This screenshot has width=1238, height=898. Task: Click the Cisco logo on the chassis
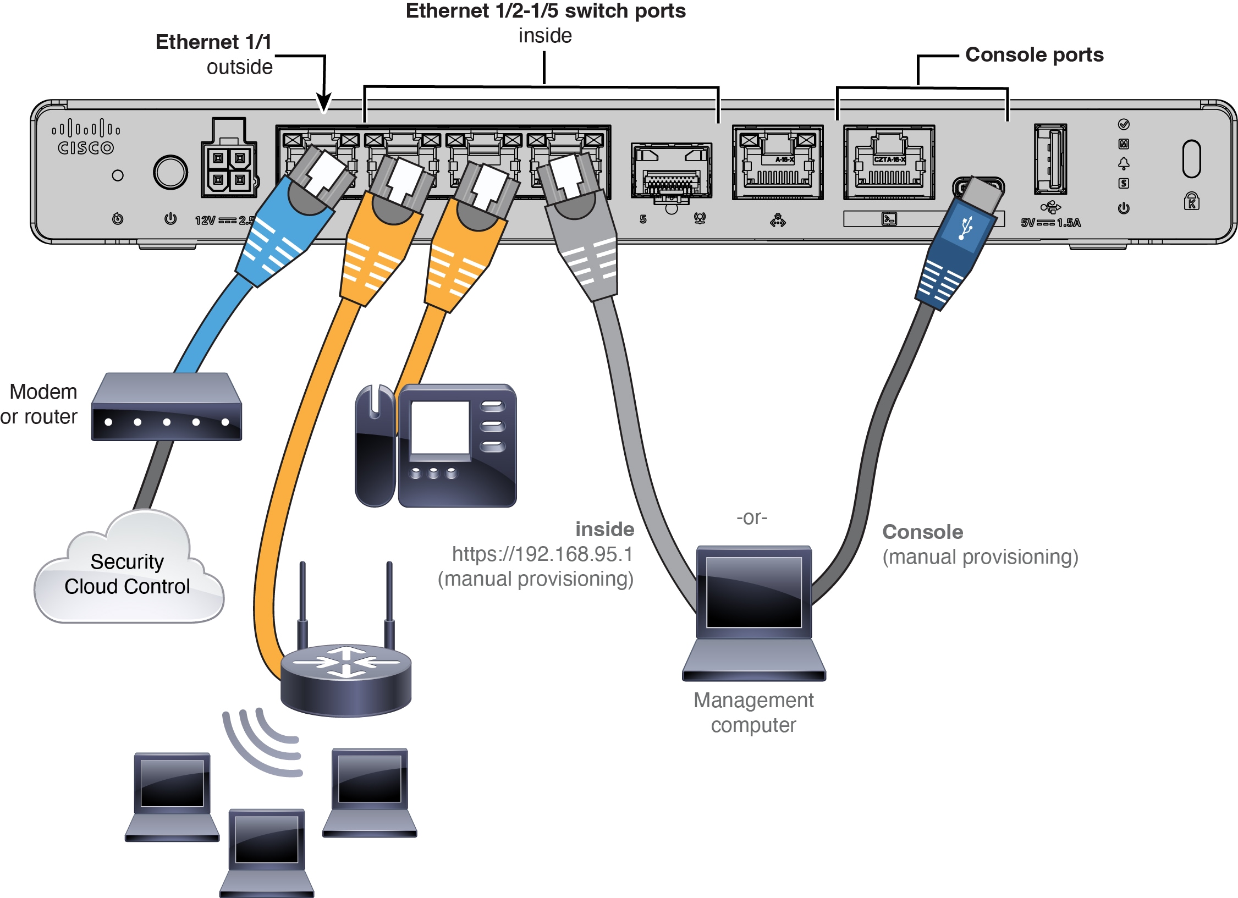85,138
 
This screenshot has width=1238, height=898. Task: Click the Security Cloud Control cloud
128,575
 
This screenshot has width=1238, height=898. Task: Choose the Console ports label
1034,55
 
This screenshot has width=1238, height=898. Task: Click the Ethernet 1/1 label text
213,42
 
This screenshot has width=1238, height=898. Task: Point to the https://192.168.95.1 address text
542,554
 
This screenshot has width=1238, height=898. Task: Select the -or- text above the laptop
752,517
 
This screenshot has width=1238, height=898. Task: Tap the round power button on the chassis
170,172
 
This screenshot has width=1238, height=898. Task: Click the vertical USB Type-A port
1050,159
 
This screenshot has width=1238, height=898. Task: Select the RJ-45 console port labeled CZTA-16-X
889,163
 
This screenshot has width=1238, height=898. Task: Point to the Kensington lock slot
1191,159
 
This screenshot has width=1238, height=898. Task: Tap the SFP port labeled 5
671,170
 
